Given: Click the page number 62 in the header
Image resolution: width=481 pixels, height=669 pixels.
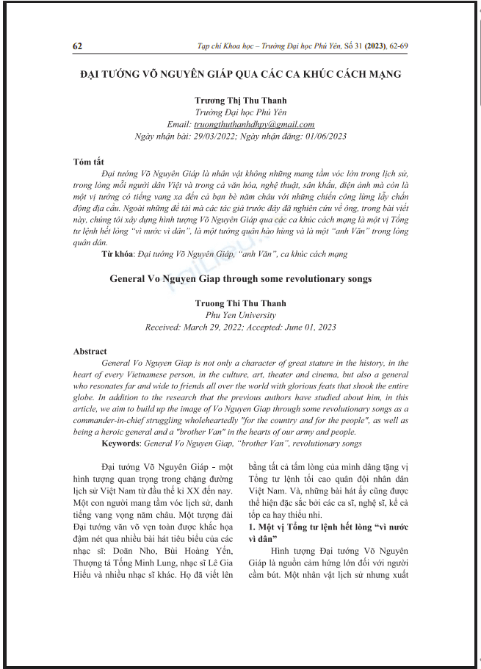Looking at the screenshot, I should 78,46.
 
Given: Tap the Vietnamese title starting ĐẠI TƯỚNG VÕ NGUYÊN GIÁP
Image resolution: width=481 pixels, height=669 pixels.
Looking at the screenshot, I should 240,74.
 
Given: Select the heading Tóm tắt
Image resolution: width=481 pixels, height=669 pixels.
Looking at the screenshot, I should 90,162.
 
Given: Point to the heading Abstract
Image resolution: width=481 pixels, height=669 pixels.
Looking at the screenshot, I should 90,352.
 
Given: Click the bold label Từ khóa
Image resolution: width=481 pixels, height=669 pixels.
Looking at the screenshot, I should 117,253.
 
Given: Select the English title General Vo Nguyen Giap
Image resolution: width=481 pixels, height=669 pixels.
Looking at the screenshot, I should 240,278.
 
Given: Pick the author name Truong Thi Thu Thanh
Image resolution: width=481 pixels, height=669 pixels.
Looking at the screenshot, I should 240,303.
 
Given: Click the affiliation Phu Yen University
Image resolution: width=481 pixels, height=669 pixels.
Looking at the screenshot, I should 240,315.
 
